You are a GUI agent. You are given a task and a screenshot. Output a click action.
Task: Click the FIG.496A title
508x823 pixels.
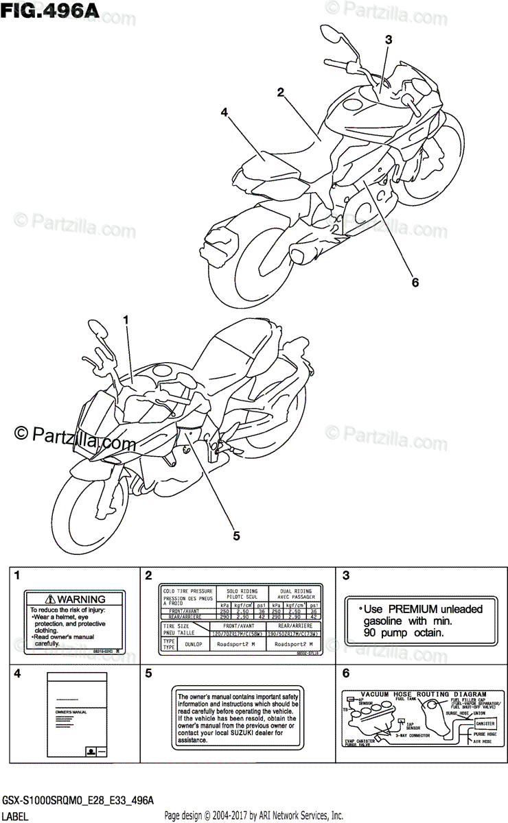(x=51, y=11)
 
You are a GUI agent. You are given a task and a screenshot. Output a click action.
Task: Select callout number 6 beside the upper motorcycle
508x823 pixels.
(x=415, y=281)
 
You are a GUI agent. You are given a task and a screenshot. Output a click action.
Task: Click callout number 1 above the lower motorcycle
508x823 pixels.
(x=126, y=320)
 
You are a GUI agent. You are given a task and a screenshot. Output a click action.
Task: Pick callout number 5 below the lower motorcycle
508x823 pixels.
(x=235, y=536)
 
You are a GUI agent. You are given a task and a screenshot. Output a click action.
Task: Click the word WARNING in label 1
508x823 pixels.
(x=81, y=599)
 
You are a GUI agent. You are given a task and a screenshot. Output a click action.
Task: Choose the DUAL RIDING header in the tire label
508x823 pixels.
(x=295, y=591)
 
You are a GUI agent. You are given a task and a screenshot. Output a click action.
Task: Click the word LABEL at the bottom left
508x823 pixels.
(x=14, y=816)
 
